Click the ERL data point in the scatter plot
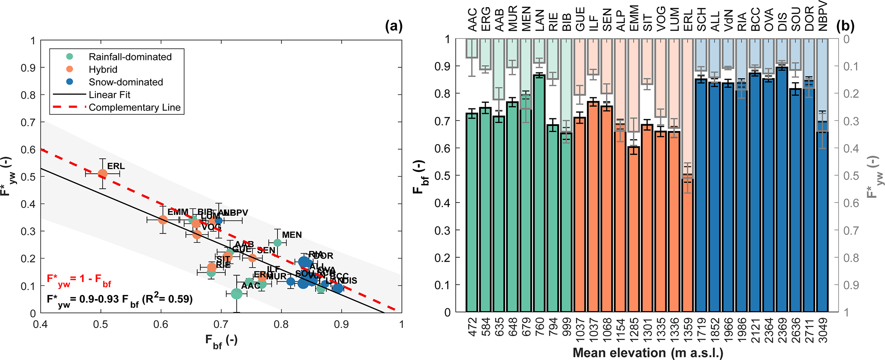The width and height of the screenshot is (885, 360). click(103, 174)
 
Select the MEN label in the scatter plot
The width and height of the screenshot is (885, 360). click(292, 235)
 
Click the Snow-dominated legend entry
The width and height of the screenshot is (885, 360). click(125, 82)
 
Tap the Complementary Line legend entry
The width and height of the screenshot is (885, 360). click(134, 107)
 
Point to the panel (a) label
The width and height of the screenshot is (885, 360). click(394, 27)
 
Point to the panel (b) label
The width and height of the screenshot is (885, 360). click(845, 27)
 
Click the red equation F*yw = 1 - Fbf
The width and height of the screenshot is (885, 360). click(79, 280)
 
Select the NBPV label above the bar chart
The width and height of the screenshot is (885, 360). click(822, 16)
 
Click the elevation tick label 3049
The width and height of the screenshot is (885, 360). click(823, 330)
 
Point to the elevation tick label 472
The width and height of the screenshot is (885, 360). click(472, 328)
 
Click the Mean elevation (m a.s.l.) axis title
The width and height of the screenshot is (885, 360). click(648, 353)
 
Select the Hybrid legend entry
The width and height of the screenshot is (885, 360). click(103, 69)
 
